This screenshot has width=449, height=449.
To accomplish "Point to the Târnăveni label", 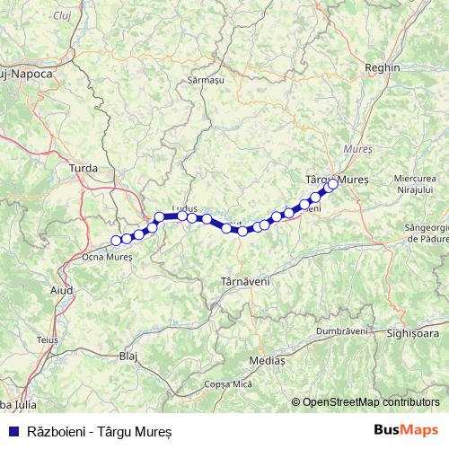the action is point(244,282).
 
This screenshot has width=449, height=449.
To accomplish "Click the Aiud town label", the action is point(62,290).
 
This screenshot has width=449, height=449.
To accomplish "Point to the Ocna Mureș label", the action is point(107,256).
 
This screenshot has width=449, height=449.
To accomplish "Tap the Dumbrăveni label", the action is point(342,330).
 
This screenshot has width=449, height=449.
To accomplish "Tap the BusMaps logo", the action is point(406,430).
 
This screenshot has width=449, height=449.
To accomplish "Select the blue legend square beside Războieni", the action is point(12,431).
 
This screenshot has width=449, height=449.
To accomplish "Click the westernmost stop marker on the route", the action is point(116,240).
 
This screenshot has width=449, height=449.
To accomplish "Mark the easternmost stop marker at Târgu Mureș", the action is point(333,185).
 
